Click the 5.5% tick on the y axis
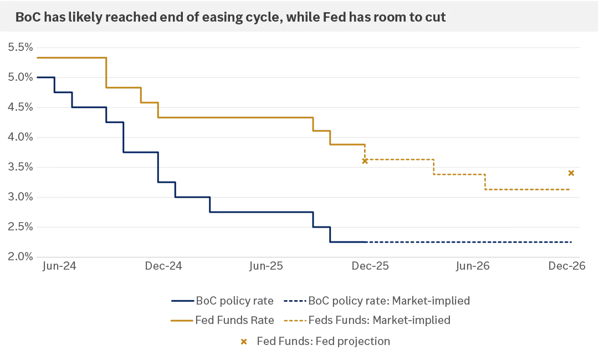pos(20,47)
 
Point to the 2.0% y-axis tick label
pos(20,257)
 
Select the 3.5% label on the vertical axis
pos(20,167)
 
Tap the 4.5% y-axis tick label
pos(20,107)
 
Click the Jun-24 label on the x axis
pos(59,266)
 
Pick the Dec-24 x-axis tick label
pos(163,266)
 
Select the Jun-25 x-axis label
pos(267,266)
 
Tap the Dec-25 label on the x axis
pos(370,266)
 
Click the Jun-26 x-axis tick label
pos(473,266)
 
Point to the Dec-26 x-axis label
pos(567,266)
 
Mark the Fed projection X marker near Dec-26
pos(571,173)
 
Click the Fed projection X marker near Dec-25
pos(365,161)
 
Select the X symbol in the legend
pos(243,341)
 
